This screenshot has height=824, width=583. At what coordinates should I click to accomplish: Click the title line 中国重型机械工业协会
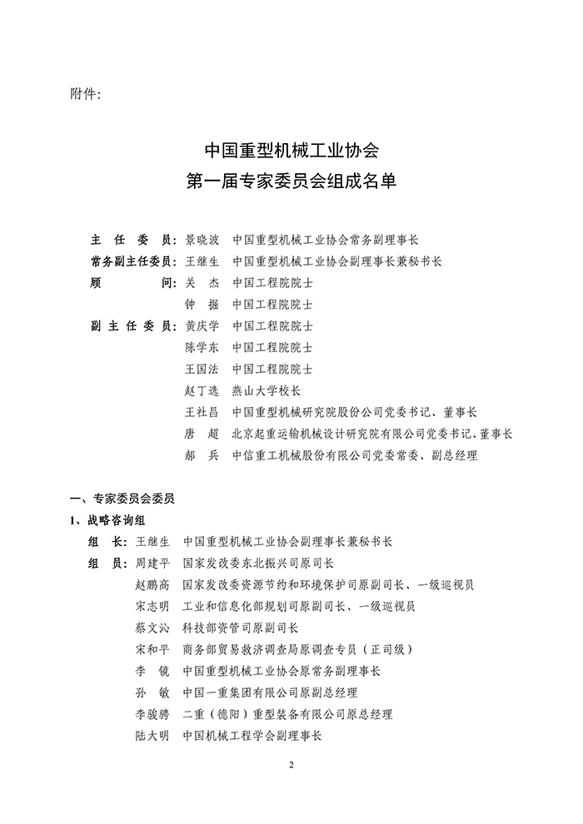click(x=291, y=151)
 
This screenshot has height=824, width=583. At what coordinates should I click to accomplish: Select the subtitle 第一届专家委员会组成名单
click(x=291, y=180)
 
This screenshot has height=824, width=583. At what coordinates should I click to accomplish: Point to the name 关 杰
click(x=201, y=283)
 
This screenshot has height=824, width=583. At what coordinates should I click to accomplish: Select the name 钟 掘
click(x=201, y=305)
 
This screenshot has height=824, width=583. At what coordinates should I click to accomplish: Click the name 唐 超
click(x=201, y=434)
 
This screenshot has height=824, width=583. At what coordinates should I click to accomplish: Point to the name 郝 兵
click(x=201, y=456)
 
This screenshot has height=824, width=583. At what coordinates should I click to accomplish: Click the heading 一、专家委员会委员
click(x=122, y=499)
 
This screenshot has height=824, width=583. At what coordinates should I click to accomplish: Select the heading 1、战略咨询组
click(x=108, y=521)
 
